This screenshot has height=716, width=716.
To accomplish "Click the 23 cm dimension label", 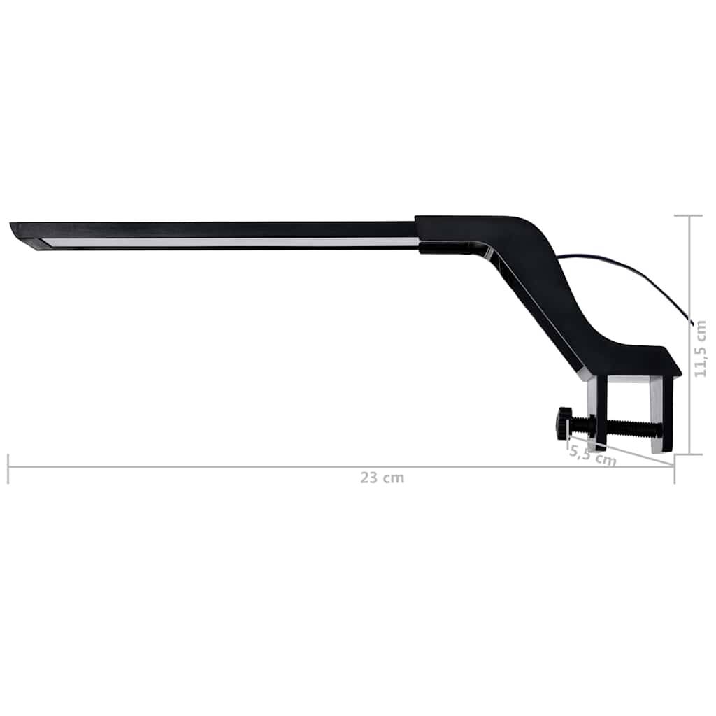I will click(x=382, y=479).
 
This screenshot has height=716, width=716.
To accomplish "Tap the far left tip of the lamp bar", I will click(x=13, y=227).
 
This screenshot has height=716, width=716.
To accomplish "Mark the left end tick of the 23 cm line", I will click(x=8, y=468).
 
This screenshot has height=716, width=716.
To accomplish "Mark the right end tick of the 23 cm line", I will click(x=674, y=468).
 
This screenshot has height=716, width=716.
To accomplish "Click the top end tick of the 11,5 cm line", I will click(x=689, y=216).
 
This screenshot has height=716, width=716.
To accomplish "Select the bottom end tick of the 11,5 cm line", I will click(x=689, y=454).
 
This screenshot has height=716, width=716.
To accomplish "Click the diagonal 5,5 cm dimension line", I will click(x=629, y=454).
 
